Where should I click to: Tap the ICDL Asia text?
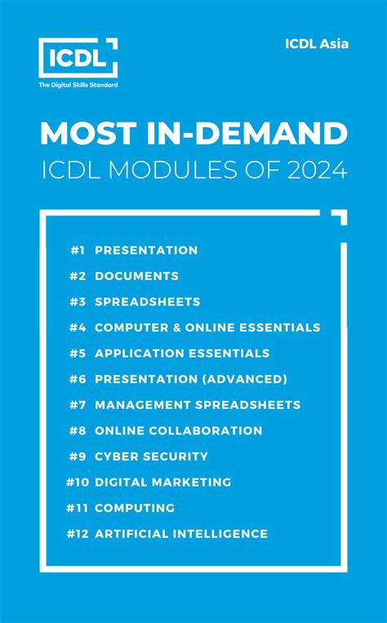pyautogui.click(x=317, y=43)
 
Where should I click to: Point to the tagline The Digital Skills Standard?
pyautogui.click(x=78, y=86)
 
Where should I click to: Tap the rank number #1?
pyautogui.click(x=77, y=250)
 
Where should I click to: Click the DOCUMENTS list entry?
pyautogui.click(x=136, y=276)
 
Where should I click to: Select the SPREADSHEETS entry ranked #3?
pyautogui.click(x=147, y=302)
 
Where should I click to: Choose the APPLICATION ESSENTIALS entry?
pyautogui.click(x=182, y=354)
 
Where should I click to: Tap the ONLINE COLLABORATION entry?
pyautogui.click(x=178, y=430)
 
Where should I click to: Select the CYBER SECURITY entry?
pyautogui.click(x=151, y=456)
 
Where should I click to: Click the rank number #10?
pyautogui.click(x=77, y=483)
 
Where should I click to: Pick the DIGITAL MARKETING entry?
pyautogui.click(x=162, y=483)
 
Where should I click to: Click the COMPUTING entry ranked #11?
pyautogui.click(x=135, y=508)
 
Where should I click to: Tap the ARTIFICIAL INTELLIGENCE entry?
pyautogui.click(x=181, y=534)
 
